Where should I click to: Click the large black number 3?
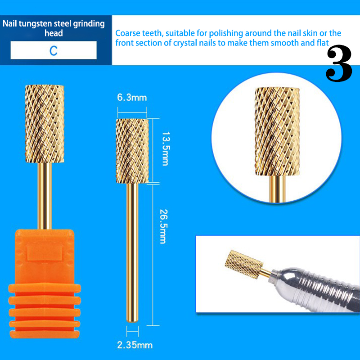(x=339, y=63)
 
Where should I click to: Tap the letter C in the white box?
(x=54, y=51)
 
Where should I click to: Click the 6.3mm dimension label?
(x=132, y=98)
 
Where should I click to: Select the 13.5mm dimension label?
(x=166, y=149)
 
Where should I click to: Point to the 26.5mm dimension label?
(x=163, y=226)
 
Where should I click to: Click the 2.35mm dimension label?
(x=135, y=345)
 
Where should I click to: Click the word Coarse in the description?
(x=128, y=33)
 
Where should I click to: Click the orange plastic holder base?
(x=45, y=283)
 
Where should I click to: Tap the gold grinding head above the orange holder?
(x=45, y=124)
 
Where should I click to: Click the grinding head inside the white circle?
(x=277, y=131)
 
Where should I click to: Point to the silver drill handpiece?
(x=315, y=290)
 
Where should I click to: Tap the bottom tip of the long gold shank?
(x=132, y=321)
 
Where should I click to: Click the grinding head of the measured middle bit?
(x=132, y=151)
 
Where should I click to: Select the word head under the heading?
(x=54, y=33)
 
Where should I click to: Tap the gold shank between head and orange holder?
(x=45, y=196)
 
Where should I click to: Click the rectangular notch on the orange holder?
(x=45, y=253)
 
